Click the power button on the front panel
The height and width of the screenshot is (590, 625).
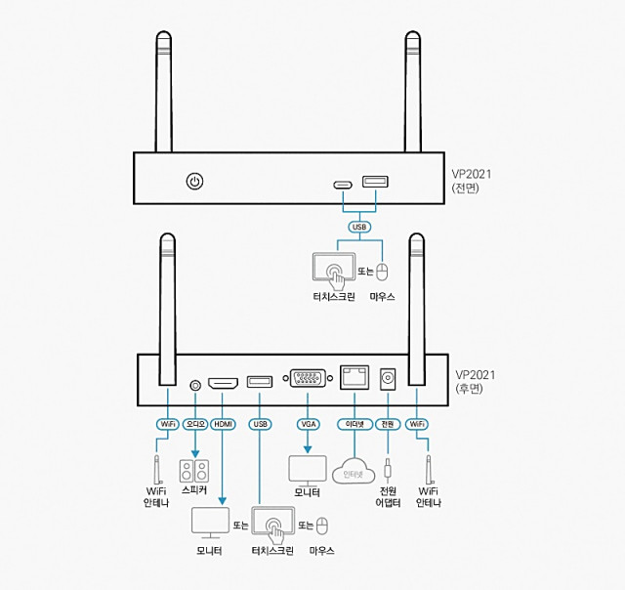(x=194, y=182)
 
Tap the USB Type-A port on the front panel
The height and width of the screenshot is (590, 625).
(x=375, y=181)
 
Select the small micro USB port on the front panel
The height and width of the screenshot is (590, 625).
(x=342, y=185)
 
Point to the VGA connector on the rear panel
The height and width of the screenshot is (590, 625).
(x=308, y=379)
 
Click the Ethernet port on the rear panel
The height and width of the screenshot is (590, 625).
(x=353, y=378)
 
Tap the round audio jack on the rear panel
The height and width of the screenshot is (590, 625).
(x=194, y=385)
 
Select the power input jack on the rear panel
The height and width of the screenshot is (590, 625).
(x=388, y=378)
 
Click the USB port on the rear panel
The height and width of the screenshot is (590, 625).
(x=259, y=382)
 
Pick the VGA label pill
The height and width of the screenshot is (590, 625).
(x=308, y=424)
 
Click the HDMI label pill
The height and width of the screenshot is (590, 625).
(x=224, y=424)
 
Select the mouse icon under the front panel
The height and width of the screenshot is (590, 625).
(x=383, y=271)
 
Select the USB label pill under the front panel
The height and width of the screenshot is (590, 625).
(x=358, y=228)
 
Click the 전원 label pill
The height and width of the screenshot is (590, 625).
(x=388, y=424)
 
